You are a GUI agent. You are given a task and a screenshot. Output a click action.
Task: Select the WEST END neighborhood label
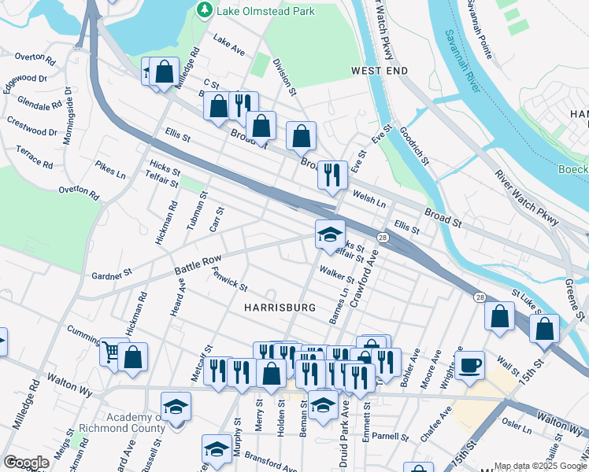point(380,72)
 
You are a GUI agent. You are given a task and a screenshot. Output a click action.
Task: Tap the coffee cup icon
point(469,366)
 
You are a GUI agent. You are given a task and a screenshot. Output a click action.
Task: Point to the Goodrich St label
point(414,146)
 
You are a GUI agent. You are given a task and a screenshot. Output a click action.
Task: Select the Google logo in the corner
point(26,463)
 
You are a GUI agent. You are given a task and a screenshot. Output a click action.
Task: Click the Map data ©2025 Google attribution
point(539,466)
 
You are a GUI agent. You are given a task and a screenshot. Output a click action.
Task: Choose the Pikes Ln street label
point(110,169)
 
